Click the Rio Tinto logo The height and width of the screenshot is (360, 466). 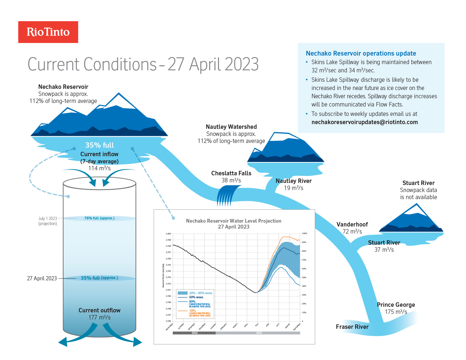coord(48,32)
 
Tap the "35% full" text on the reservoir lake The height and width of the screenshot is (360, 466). coord(99,145)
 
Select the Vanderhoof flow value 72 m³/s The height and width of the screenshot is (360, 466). coord(352,231)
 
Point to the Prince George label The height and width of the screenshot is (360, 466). coord(396,305)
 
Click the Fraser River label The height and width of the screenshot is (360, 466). coord(352,327)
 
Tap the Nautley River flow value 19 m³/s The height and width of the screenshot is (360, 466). coord(293,188)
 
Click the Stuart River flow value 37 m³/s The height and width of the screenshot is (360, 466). coord(384,250)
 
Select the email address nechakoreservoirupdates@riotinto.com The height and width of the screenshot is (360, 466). coord(365,122)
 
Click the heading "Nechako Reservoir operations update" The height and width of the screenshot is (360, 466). coord(361,53)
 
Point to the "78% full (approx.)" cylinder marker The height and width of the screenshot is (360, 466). coord(99,218)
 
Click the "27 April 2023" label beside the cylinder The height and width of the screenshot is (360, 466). coord(42,278)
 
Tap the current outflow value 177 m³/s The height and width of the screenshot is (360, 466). coord(99,317)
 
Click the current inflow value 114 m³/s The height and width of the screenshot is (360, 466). coord(99,168)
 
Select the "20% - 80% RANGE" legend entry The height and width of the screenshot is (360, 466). coord(200,293)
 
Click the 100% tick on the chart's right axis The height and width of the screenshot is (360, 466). coord(304,234)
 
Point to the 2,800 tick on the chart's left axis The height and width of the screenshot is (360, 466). coord(168,234)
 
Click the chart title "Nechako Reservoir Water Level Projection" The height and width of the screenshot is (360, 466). coord(234,221)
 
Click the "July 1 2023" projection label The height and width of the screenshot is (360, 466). coord(48,219)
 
